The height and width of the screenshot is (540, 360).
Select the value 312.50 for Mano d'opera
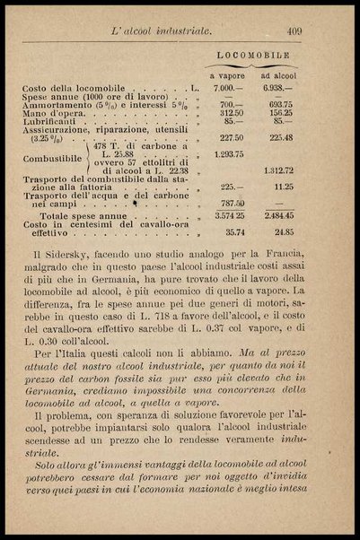(x=232, y=113)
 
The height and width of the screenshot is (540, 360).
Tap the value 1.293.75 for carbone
(x=230, y=153)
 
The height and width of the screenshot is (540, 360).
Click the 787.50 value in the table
(x=232, y=203)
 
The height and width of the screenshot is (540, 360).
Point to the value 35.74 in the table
(x=233, y=231)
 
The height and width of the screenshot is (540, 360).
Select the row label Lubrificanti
(x=53, y=121)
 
